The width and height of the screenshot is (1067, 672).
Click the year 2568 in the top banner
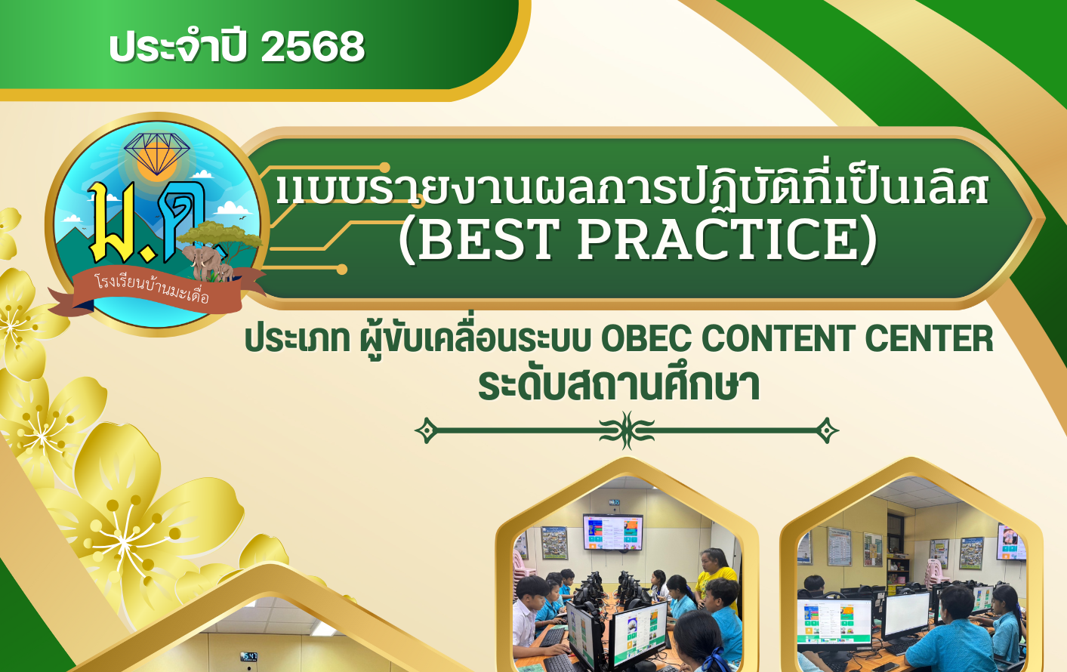(x=313, y=47)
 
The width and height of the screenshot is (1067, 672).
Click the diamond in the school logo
(x=157, y=153)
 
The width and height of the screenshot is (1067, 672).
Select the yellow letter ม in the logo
(x=113, y=223)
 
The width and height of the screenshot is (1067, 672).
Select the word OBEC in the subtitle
(x=647, y=339)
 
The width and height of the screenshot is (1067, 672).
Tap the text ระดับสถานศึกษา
(x=618, y=385)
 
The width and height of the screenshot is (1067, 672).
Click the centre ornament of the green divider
(x=627, y=430)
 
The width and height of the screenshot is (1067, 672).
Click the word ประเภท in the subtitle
(x=298, y=339)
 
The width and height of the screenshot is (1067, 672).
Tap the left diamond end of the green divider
(x=427, y=430)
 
